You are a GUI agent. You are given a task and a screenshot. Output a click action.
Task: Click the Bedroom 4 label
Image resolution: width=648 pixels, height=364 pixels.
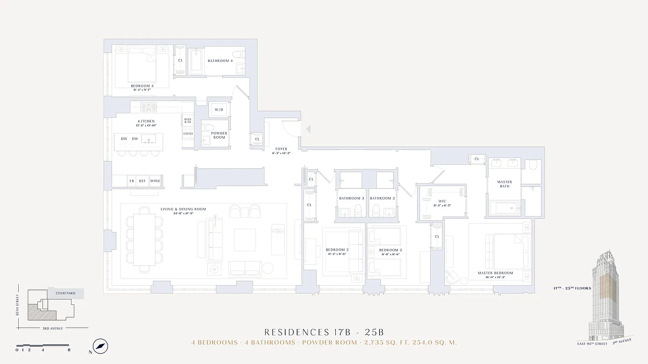pyautogui.click(x=142, y=86)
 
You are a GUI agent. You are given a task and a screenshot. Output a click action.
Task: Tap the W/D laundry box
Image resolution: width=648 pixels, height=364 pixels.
pyautogui.click(x=219, y=110)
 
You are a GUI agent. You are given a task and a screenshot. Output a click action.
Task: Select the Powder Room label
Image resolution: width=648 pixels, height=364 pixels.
pyautogui.click(x=219, y=135)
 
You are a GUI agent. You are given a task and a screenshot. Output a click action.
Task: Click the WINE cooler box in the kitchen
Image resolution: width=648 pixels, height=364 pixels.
pyautogui.click(x=155, y=181)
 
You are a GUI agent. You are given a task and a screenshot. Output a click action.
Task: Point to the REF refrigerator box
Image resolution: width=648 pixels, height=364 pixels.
pyautogui.click(x=143, y=181)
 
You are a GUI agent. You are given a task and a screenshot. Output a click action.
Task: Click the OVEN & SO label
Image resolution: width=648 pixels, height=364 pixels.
pyautogui.click(x=188, y=121)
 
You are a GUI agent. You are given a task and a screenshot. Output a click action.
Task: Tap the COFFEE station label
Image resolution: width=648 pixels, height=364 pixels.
pyautogui.click(x=188, y=134)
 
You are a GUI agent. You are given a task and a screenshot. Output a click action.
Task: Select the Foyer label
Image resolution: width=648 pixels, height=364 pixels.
pyautogui.click(x=281, y=149)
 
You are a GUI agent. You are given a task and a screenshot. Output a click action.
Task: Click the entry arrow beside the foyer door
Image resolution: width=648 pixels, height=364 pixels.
pyautogui.click(x=308, y=129)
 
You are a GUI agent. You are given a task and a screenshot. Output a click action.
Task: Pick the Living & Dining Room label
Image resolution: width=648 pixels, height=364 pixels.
pyautogui.click(x=183, y=209)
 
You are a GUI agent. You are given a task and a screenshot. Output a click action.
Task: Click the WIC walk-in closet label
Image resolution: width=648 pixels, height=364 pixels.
pyautogui.click(x=442, y=201)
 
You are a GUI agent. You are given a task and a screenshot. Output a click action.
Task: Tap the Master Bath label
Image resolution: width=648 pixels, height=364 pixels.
pyautogui.click(x=504, y=184)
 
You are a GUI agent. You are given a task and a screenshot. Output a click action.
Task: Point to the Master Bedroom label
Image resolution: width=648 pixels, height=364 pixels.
pyautogui.click(x=495, y=273)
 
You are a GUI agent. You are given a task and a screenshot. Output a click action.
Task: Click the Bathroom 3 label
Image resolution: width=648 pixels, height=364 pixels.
pyautogui.click(x=351, y=198)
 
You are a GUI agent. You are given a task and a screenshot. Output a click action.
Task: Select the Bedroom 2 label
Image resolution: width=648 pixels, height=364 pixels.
pyautogui.click(x=391, y=250)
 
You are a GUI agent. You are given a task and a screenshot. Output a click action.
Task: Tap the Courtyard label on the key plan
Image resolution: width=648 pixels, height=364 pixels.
pyautogui.click(x=65, y=293)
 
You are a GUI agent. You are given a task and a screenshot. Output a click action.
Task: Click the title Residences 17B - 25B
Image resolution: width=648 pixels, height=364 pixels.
pyautogui.click(x=324, y=332)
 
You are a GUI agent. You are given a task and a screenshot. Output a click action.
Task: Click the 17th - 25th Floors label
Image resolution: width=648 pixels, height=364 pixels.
pyautogui.click(x=572, y=288)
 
